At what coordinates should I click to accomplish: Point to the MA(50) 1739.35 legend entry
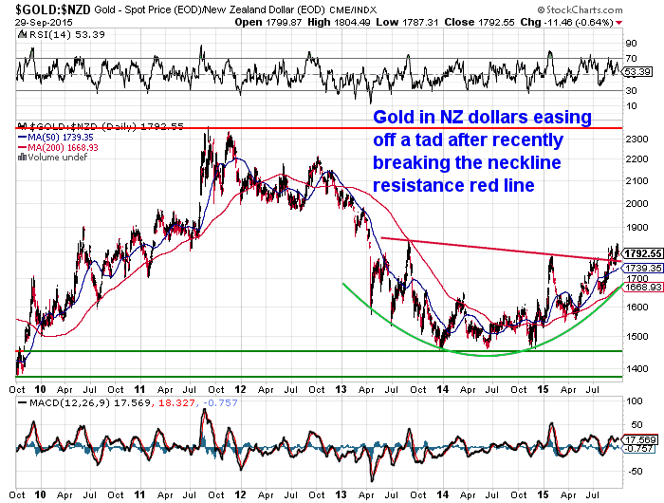pos(56,137)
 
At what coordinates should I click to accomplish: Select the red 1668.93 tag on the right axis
pos(641,287)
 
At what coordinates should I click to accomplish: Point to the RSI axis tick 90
pos(630,43)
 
